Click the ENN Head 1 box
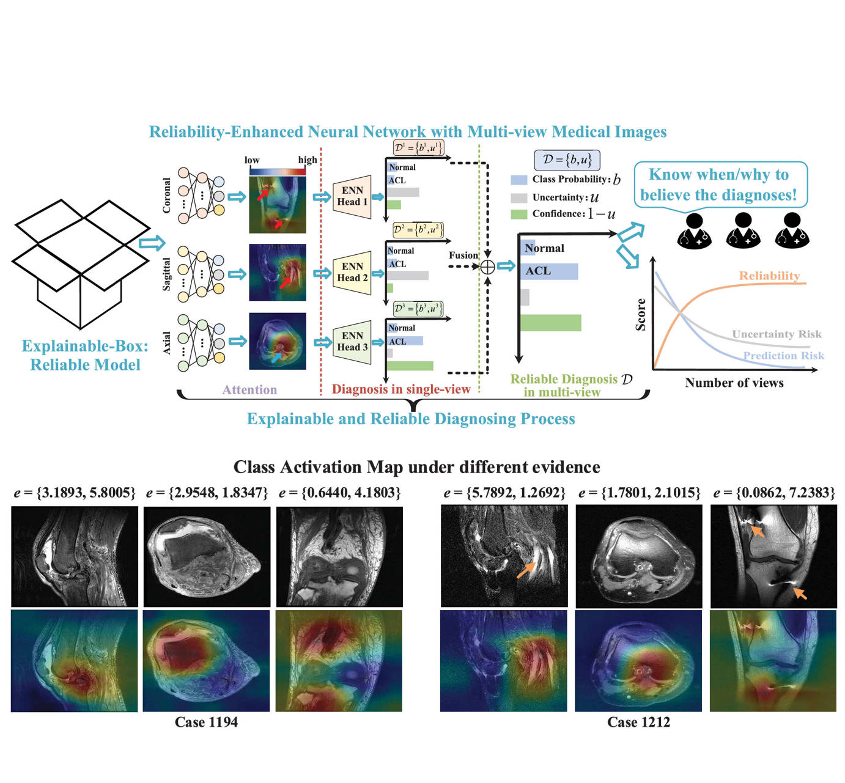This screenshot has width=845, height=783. (352, 196)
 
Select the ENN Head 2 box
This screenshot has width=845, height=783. (352, 272)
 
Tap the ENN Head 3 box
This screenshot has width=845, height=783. (352, 342)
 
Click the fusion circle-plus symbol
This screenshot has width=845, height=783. (487, 267)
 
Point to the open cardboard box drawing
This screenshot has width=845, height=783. (80, 262)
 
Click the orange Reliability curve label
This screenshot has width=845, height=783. (769, 276)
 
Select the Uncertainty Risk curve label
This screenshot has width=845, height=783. (777, 334)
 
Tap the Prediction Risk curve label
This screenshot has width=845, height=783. (783, 355)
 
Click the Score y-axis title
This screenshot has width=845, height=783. (641, 315)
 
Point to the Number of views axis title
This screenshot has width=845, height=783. (734, 383)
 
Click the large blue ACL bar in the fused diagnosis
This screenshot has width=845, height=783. (548, 271)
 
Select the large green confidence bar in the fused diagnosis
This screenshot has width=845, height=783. (550, 323)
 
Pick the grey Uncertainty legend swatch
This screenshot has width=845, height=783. (518, 197)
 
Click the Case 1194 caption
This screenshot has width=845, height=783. (206, 722)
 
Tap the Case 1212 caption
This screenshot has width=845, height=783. (638, 722)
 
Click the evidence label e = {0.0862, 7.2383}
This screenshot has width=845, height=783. (773, 493)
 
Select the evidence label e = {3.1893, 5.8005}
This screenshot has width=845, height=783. (75, 493)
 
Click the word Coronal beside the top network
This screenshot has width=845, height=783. (166, 196)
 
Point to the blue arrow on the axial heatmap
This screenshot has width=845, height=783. (276, 356)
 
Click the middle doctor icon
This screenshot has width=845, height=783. (743, 230)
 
